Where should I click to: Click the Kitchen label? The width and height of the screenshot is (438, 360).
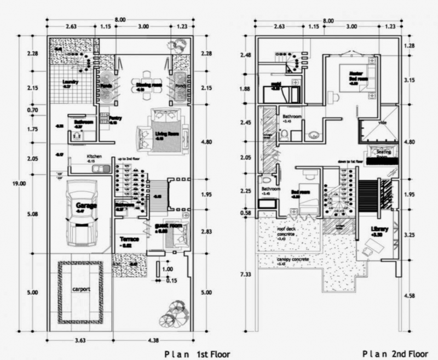(x=95, y=156)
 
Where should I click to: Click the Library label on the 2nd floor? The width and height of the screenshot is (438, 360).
(x=379, y=229)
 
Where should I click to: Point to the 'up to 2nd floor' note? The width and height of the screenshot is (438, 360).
(x=129, y=159)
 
